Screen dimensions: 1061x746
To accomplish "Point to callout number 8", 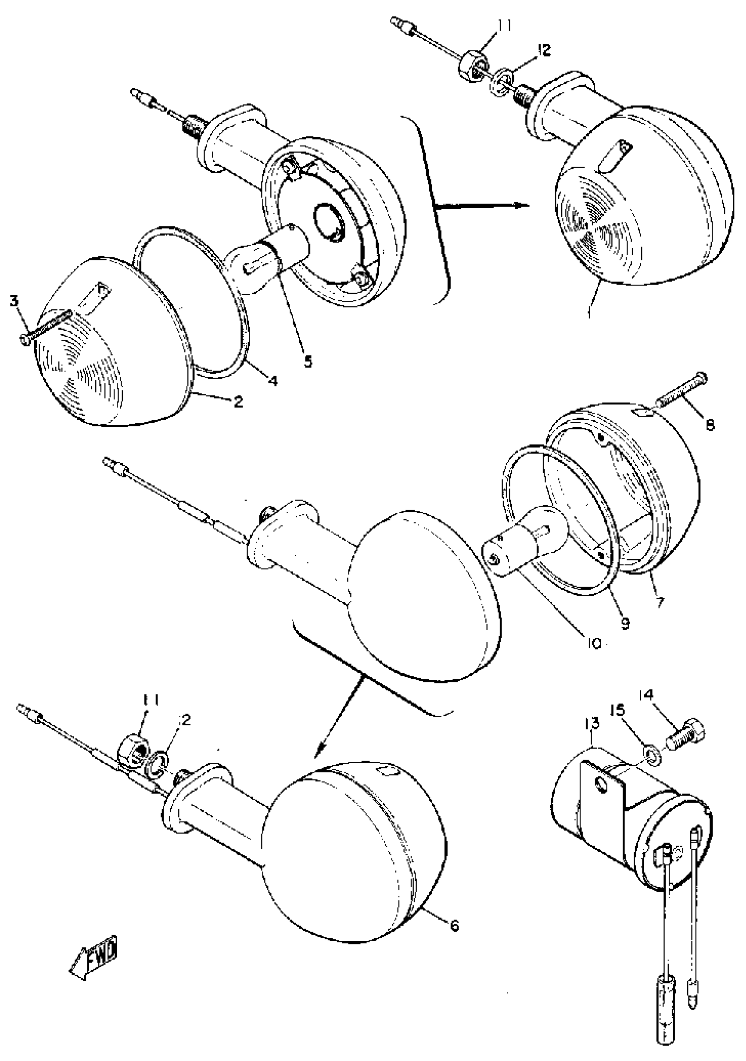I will click(710, 424).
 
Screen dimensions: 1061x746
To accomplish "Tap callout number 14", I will click(647, 708).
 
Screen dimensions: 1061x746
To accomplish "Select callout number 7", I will click(660, 602).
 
